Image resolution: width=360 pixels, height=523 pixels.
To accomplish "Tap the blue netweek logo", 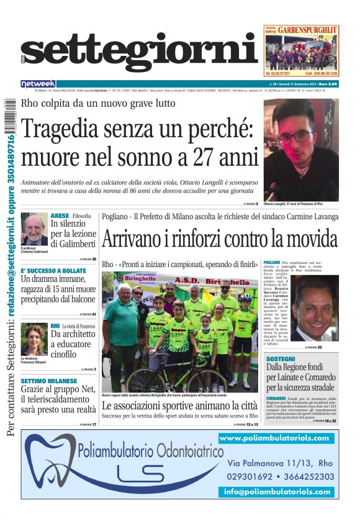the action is click(38, 84).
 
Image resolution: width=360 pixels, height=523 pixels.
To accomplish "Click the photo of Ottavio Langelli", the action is click(301, 150).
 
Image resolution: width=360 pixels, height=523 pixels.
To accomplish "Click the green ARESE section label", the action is click(60, 216).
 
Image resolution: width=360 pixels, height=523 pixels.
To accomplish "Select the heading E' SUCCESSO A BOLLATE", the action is click(53, 271).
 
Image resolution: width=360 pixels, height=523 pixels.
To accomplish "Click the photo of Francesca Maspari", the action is click(34, 339).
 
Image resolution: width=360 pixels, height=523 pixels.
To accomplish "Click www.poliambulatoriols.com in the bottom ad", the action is click(274, 438).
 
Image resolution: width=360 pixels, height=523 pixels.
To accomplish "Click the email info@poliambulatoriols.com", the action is click(277, 491).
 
